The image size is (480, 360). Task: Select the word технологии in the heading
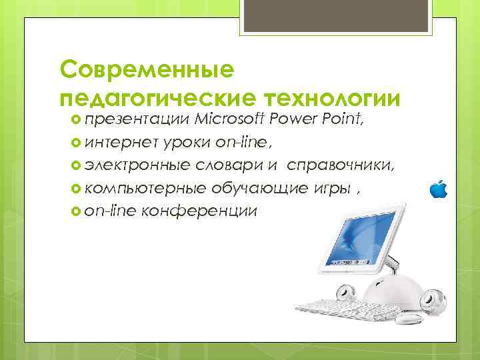tap(333, 98)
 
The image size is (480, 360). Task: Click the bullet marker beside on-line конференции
tap(74, 211)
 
